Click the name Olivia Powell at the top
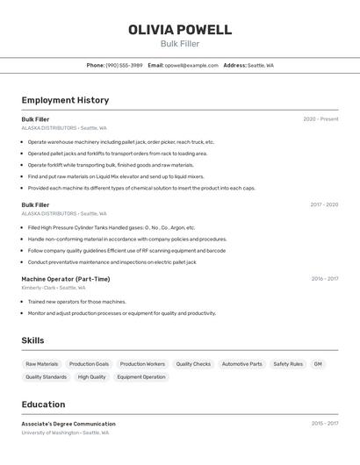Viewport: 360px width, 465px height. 180,30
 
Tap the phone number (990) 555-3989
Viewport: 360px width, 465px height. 124,65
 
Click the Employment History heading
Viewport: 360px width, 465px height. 65,100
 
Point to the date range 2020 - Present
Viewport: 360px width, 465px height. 320,119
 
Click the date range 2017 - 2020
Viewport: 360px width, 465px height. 324,205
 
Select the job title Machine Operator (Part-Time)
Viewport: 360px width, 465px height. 66,279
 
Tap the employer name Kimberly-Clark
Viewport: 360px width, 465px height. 38,288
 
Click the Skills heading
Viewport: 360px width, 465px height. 33,340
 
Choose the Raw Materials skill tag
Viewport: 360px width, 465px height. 42,364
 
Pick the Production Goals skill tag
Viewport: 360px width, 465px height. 89,364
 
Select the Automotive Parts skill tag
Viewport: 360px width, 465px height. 241,364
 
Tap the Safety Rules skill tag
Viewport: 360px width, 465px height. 288,364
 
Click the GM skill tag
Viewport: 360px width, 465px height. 318,364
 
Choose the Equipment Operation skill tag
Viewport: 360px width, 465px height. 141,377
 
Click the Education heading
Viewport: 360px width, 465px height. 43,404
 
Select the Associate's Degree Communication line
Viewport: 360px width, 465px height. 68,424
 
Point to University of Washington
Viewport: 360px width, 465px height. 51,433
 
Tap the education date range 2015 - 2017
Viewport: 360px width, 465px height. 324,424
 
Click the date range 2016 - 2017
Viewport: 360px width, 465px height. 324,279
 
